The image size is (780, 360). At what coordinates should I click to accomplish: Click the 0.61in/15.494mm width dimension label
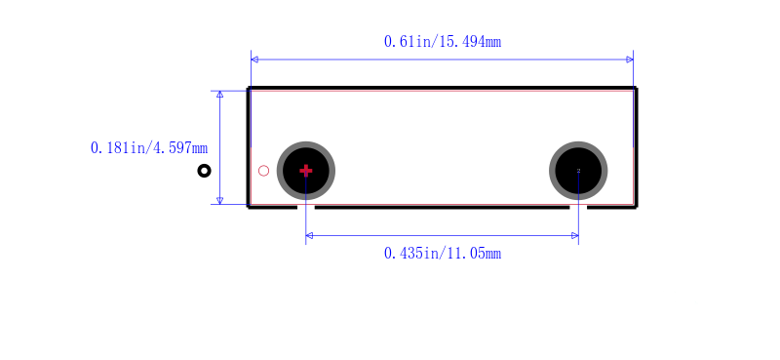[x=443, y=42]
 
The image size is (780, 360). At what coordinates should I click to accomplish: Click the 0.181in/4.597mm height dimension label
[x=149, y=148]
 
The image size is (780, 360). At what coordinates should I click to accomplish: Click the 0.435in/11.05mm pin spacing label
[x=443, y=254]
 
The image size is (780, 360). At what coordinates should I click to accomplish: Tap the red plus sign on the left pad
[x=306, y=171]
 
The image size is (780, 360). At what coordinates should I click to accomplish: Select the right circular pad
[x=578, y=171]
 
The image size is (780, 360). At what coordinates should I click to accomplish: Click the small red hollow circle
[x=263, y=171]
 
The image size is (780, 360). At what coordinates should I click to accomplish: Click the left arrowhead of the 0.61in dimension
[x=254, y=60]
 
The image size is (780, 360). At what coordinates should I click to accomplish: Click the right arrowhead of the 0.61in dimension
[x=630, y=60]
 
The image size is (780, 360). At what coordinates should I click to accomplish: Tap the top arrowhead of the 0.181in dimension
[x=220, y=94]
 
